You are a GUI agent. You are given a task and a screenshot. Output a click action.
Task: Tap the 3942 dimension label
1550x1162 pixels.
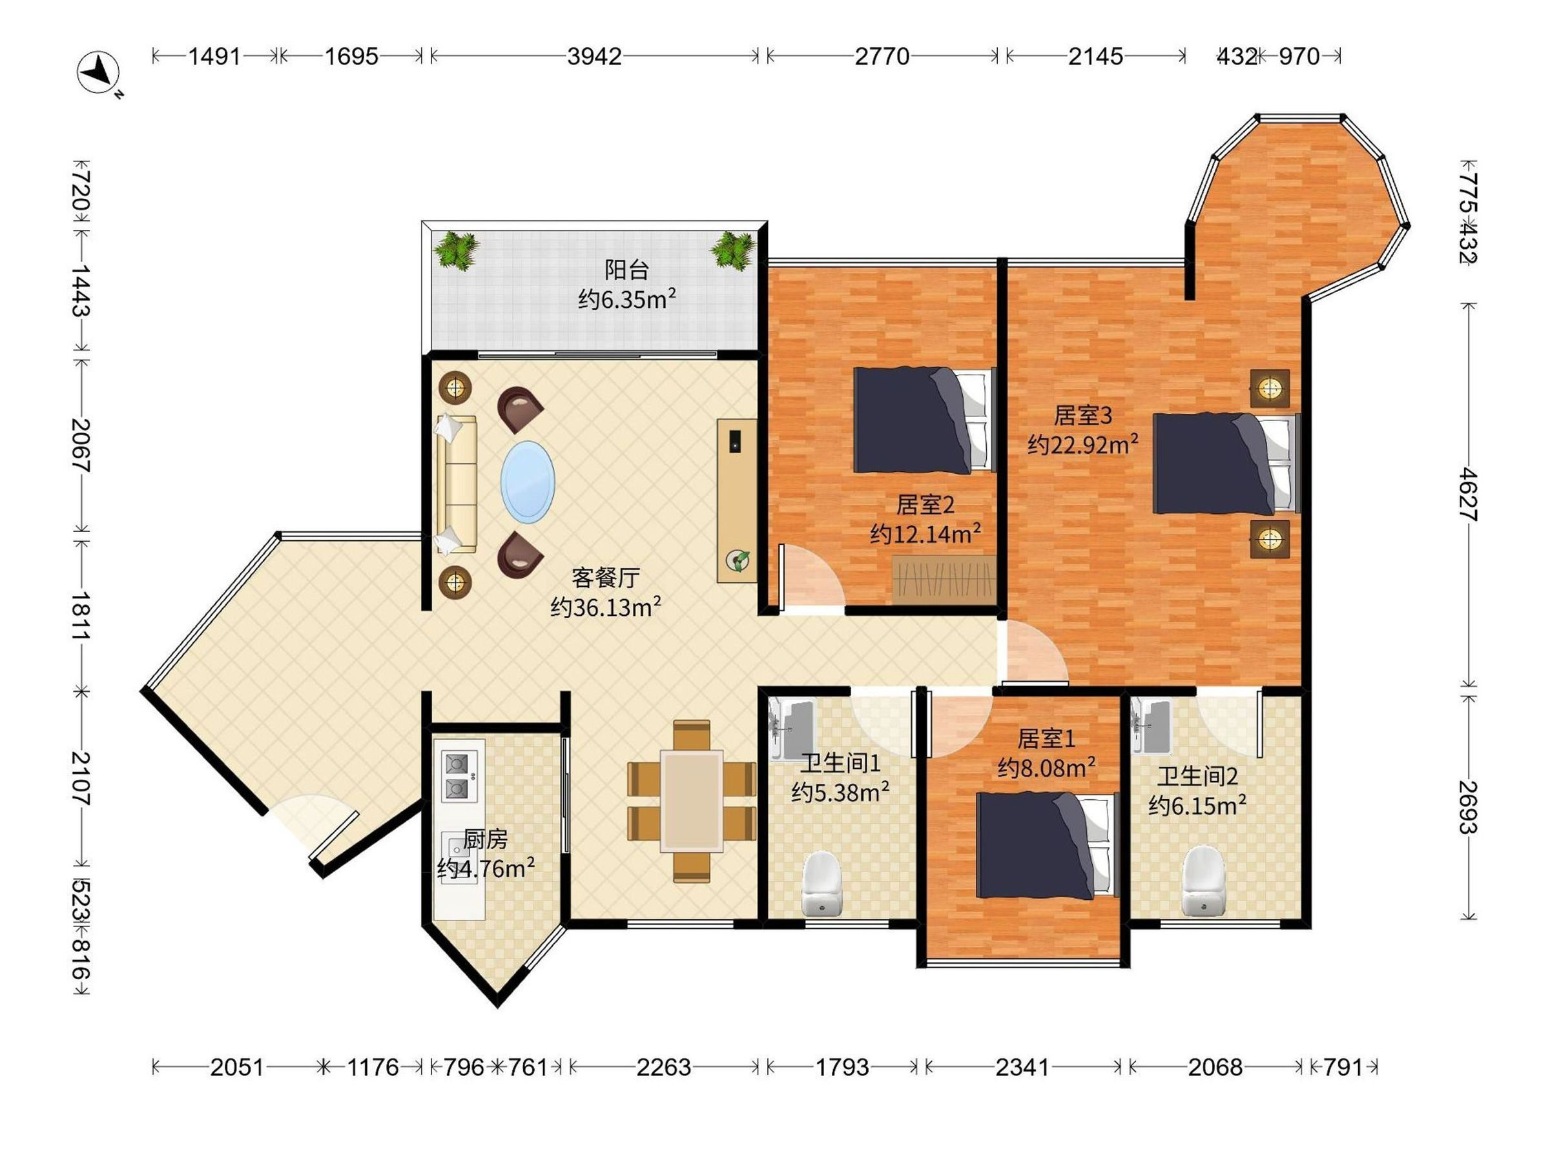point(594,56)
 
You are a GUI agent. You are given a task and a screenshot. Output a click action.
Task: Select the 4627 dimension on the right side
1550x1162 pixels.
point(1468,494)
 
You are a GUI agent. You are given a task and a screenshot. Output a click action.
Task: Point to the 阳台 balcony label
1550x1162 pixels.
point(627,270)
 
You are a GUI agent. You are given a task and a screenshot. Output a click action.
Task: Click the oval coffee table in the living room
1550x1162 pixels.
point(528,482)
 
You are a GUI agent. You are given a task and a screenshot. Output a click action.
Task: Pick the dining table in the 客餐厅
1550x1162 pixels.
point(692,800)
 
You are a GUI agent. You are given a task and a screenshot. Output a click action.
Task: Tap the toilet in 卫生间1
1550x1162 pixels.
point(821,883)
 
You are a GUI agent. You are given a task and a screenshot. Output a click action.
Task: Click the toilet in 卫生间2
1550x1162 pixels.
point(1203,881)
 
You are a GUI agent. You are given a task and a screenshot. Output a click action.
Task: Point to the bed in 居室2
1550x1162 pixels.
point(925,420)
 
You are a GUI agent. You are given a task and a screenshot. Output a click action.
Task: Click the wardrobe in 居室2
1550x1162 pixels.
point(945,580)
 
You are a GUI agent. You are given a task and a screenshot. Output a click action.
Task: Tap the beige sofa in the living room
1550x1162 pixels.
point(456,484)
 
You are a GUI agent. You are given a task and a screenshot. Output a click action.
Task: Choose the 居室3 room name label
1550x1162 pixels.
point(1082,415)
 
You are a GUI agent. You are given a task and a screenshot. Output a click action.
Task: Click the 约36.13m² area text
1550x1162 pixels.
point(606,607)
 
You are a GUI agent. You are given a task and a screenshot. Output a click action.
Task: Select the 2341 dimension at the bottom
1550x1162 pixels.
point(1022,1068)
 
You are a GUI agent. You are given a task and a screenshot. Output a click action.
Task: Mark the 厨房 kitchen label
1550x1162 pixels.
point(485,839)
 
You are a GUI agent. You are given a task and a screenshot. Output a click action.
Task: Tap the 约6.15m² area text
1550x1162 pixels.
point(1197,806)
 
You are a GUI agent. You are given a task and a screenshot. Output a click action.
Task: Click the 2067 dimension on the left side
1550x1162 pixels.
point(82,445)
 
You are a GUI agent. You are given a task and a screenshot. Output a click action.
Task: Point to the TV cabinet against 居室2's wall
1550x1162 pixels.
point(736,500)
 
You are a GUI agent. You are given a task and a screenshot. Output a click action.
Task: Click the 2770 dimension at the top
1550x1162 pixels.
point(882,56)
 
